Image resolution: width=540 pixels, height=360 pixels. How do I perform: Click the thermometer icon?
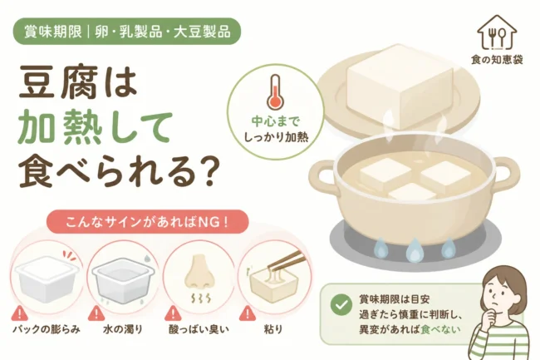pos(275,92)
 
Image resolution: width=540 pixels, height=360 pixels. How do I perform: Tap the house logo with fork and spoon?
pos(497,32)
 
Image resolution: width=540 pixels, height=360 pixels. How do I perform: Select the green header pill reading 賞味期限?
pos(127,32)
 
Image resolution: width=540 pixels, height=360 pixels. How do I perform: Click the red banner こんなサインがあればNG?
pos(147,222)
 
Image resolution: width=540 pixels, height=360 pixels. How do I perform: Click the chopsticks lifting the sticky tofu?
pos(284,260)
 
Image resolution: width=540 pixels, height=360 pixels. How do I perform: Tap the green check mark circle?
pos(341,304)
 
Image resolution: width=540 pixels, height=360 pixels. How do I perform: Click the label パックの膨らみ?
pos(47,329)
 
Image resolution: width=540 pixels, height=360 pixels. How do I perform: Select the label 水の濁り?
pos(123,329)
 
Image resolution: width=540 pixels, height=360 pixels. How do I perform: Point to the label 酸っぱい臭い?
pos(199,329)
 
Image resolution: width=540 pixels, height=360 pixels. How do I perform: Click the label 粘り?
pos(273,329)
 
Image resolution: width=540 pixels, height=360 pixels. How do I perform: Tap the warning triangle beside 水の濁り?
pos(96,313)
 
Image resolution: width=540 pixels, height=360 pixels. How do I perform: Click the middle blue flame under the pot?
pos(414,249)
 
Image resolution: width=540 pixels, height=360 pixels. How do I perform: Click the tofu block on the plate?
pos(400,86)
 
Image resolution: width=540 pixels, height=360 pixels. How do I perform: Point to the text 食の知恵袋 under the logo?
pos(497,60)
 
